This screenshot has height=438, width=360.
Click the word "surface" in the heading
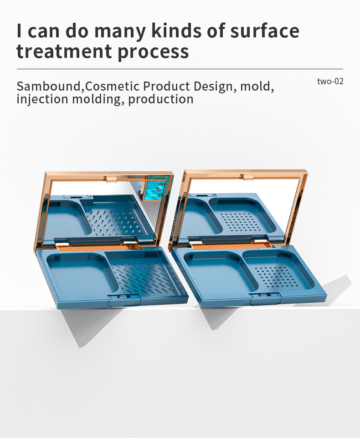click(x=264, y=31)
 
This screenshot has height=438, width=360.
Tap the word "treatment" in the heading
click(x=64, y=51)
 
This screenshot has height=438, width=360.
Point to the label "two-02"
click(x=330, y=81)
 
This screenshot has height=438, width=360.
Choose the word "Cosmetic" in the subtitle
click(x=112, y=86)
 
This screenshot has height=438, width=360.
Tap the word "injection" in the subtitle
click(x=42, y=99)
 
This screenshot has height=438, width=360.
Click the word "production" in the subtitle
click(x=161, y=99)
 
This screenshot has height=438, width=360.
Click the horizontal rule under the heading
click(x=180, y=69)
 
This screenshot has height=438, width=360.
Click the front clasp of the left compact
click(x=123, y=299)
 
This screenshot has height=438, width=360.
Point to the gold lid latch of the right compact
click(x=247, y=177)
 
